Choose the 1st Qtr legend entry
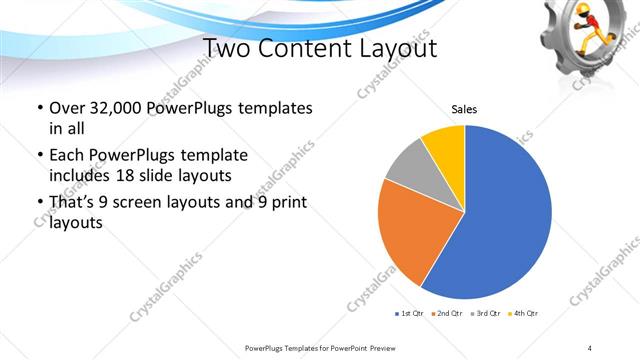point(409,315)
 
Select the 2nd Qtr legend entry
point(447,315)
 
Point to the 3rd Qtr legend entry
point(485,315)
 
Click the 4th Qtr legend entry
point(523,315)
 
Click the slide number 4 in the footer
point(590,347)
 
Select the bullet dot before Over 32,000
point(38,108)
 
